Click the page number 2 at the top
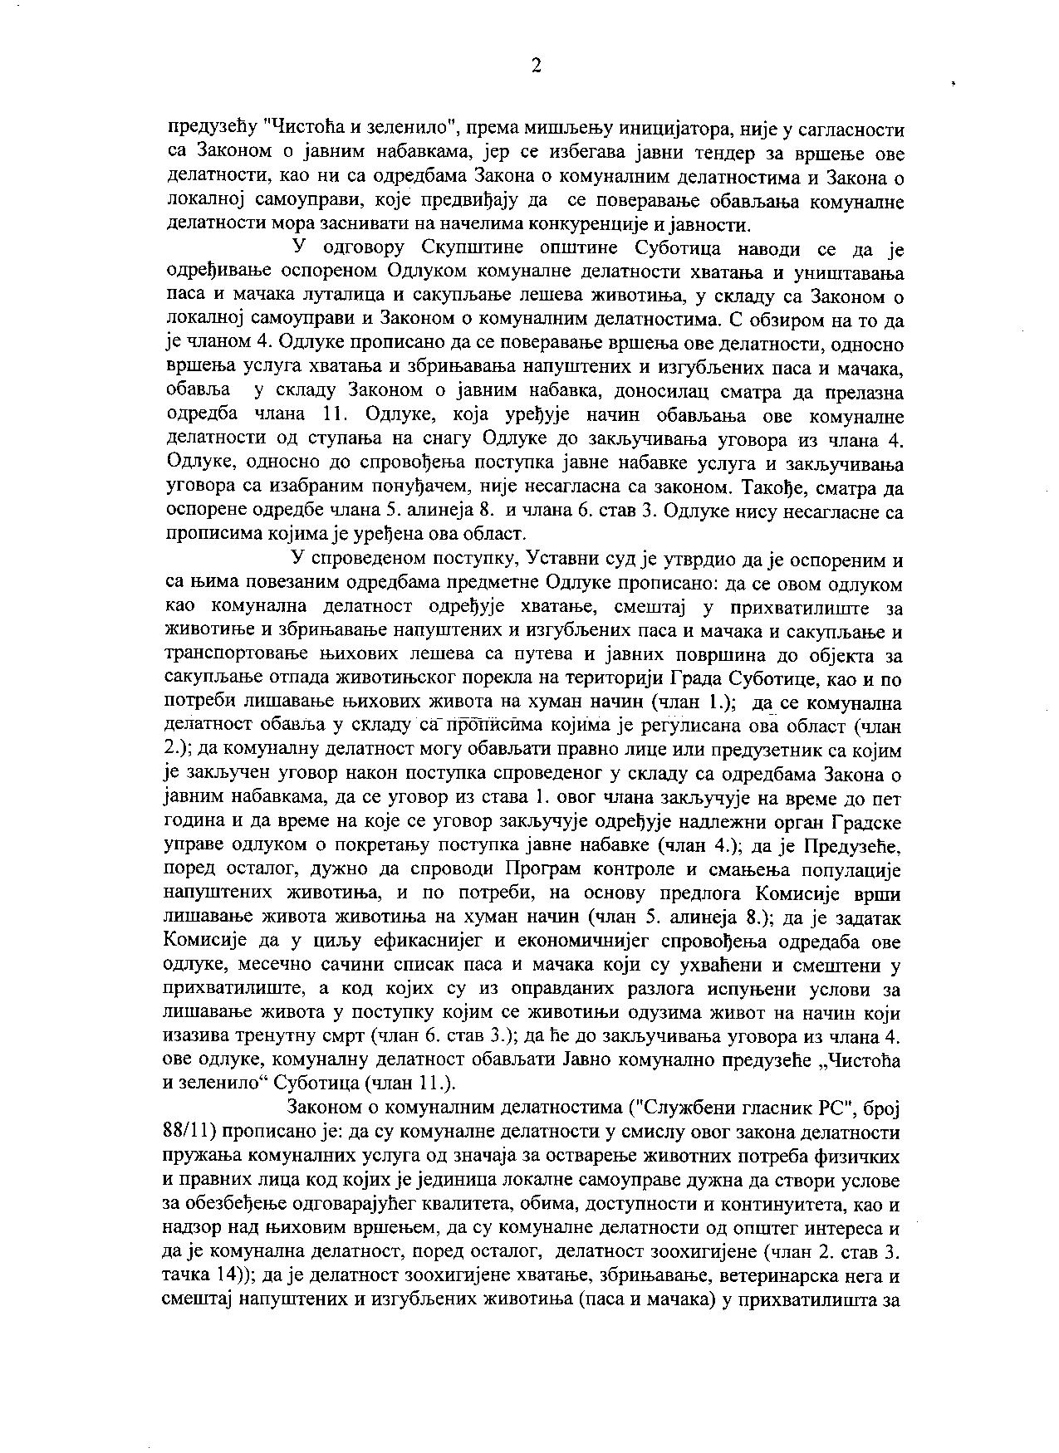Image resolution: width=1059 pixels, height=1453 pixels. pos(536,67)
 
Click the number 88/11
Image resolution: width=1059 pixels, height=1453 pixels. pos(189,1133)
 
